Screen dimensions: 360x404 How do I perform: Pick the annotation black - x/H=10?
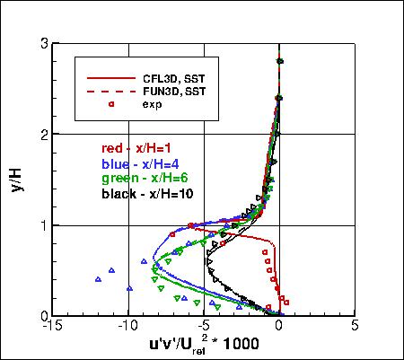tap(147, 193)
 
